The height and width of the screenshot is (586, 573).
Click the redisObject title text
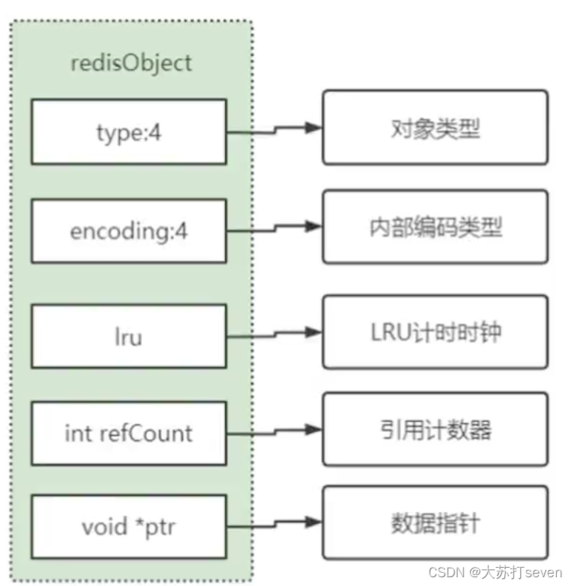[x=132, y=62]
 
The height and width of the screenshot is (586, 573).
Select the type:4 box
[x=129, y=132]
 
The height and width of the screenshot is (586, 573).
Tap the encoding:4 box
[x=129, y=231]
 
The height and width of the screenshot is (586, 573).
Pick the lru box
[x=129, y=337]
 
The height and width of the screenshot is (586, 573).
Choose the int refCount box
[x=129, y=433]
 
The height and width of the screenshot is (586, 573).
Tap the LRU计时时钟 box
[x=435, y=332]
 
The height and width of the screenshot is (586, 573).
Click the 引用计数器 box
[x=435, y=428]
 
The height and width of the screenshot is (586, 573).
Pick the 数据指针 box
[x=435, y=523]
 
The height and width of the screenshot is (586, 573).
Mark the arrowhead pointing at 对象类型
[x=314, y=127]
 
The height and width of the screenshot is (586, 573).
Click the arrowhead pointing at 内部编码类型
[x=314, y=227]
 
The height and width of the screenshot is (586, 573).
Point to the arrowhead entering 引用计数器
[x=314, y=428]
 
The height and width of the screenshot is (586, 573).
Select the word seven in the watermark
[x=544, y=572]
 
